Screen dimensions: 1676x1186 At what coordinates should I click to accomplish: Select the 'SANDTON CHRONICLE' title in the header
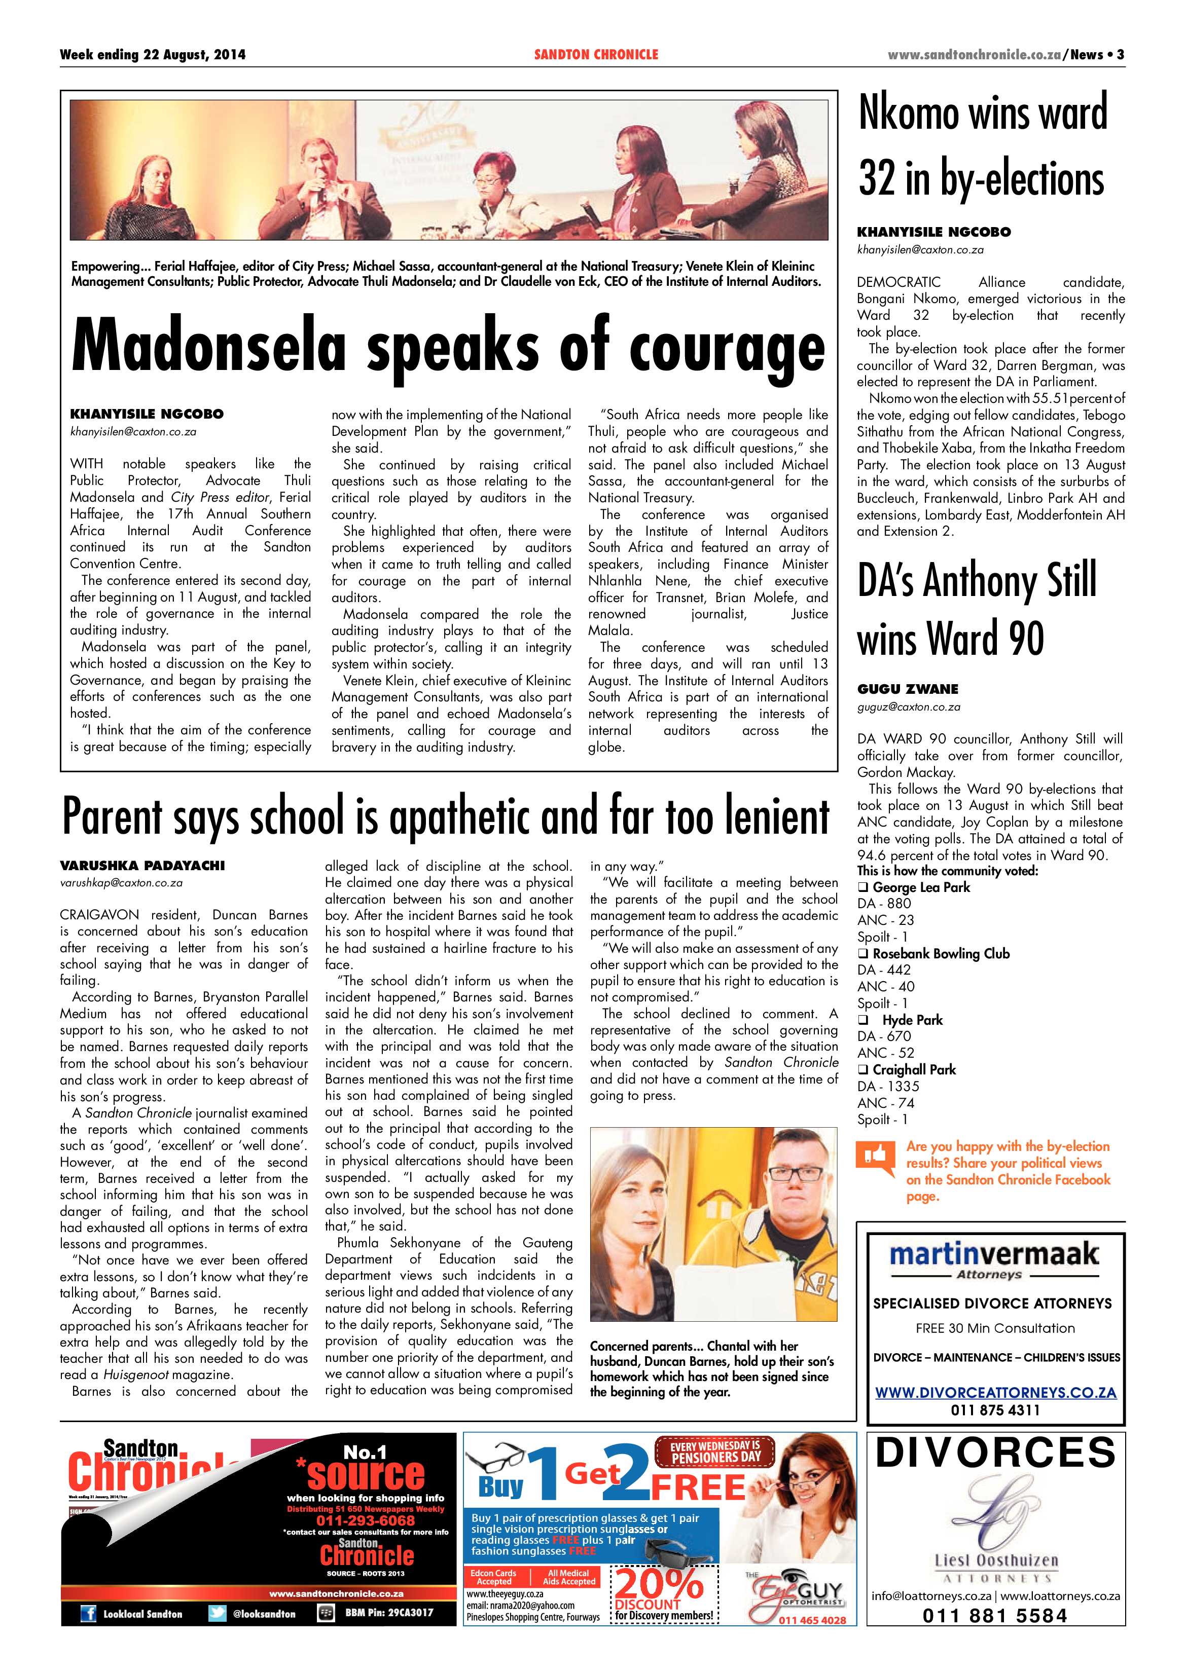pos(596,55)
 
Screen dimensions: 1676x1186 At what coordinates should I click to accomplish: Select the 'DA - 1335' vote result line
pos(888,1086)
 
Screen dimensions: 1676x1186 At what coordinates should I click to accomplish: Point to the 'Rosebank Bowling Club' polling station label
pos(941,953)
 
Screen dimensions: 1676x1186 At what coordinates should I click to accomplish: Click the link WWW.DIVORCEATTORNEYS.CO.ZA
pos(995,1393)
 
